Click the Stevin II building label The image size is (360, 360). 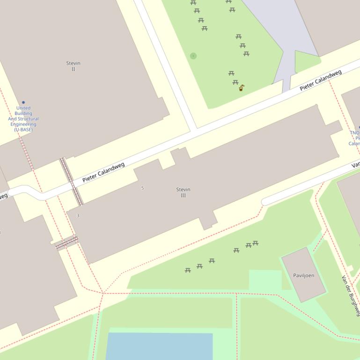pos(73,66)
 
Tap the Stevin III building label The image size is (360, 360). pos(183,192)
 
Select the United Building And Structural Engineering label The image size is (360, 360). pos(23,119)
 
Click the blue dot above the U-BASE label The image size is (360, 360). pos(23,102)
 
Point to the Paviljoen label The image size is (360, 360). pos(303,275)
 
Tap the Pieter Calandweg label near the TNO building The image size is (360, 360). pos(321,80)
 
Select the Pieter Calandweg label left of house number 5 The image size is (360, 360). pos(103,173)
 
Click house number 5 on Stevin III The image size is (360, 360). pos(142,188)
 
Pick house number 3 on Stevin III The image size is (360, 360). pos(78,216)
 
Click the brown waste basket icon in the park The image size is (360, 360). pos(241,87)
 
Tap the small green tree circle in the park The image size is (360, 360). pos(193,56)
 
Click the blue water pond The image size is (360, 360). pos(159,346)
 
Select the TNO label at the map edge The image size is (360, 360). pos(354,133)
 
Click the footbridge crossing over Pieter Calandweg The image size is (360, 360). pos(71,181)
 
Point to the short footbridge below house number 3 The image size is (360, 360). pos(66,243)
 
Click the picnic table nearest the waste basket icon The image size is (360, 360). pos(235,82)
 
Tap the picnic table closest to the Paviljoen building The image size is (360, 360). pos(255,243)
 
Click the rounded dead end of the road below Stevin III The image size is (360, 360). pos(265,202)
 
